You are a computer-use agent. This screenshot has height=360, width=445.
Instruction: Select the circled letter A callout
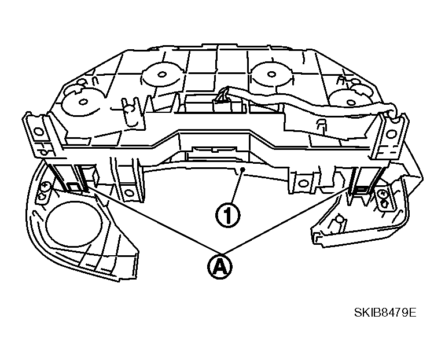[219, 266]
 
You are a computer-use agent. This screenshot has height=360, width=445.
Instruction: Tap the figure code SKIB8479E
[385, 313]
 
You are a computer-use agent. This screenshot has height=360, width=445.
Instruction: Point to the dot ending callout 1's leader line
[242, 170]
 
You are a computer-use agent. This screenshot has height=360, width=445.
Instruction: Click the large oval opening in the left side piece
[73, 224]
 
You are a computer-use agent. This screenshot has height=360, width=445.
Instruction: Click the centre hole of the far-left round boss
[83, 102]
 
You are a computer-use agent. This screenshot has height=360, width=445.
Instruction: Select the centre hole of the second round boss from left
[161, 75]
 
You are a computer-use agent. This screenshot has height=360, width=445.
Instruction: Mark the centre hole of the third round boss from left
[271, 75]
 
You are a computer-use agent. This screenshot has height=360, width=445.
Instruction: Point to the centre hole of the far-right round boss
[351, 102]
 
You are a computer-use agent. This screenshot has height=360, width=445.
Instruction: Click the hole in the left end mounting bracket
[38, 131]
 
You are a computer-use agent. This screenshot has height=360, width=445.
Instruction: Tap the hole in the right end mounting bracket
[391, 133]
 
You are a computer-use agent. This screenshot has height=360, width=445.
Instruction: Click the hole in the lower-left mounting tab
[128, 193]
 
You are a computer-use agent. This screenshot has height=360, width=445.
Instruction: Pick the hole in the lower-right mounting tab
[303, 182]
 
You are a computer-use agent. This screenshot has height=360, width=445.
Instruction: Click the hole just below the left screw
[43, 196]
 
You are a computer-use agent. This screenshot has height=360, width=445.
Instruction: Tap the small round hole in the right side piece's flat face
[339, 219]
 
